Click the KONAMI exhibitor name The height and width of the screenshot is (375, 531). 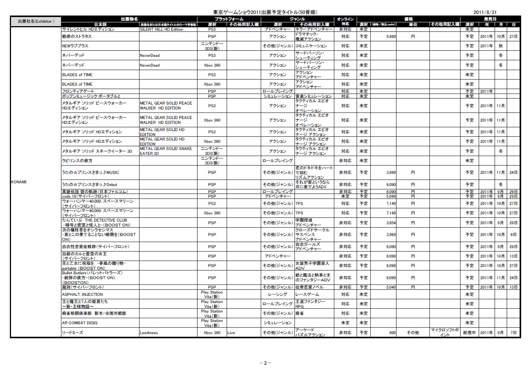pyautogui.click(x=19, y=182)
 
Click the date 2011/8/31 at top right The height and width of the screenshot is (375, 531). pyautogui.click(x=485, y=12)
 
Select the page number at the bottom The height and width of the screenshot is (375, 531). pyautogui.click(x=265, y=363)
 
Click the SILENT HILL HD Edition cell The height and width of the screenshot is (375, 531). pyautogui.click(x=161, y=29)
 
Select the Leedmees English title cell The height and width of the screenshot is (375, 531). pyautogui.click(x=149, y=333)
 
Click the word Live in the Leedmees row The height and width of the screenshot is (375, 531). pyautogui.click(x=231, y=333)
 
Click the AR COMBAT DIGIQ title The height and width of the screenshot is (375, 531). pyautogui.click(x=80, y=323)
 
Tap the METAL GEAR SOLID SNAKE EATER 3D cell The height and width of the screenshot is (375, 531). pyautogui.click(x=166, y=151)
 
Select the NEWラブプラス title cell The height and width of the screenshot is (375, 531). pyautogui.click(x=75, y=46)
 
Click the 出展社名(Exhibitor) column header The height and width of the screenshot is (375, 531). pyautogui.click(x=36, y=21)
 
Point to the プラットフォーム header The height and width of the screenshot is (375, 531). pyautogui.click(x=229, y=19)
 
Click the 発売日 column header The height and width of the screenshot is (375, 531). pyautogui.click(x=490, y=19)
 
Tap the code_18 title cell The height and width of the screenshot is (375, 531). pyautogui.click(x=83, y=196)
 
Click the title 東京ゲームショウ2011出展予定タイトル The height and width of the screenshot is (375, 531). pyautogui.click(x=265, y=12)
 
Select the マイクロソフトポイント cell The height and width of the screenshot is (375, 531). pyautogui.click(x=445, y=333)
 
